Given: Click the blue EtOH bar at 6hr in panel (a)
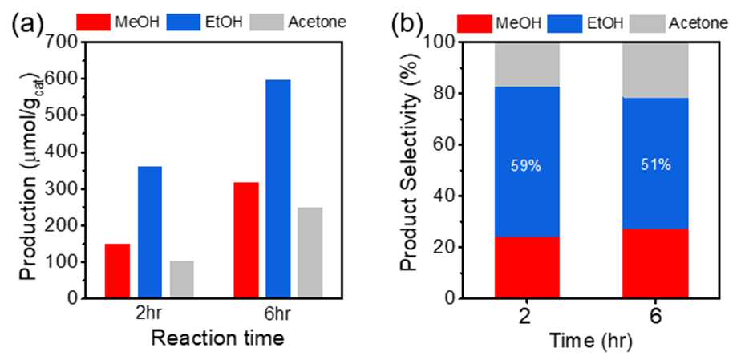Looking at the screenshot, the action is coord(277,189).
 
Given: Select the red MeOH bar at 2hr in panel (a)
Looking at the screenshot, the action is coord(117,271).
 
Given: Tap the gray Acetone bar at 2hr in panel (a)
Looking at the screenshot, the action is coord(181,280).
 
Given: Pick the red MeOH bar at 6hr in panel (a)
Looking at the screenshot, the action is coord(246,241).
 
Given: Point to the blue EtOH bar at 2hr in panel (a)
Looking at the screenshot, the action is coord(149,233).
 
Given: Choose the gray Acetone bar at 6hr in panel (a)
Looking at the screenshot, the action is coord(310,253).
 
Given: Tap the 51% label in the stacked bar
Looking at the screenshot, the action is coord(655,166).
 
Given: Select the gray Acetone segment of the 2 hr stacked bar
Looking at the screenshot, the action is coord(527,64).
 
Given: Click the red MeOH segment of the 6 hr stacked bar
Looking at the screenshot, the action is coord(655,264).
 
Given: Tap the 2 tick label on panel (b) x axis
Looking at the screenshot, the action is coord(527,317).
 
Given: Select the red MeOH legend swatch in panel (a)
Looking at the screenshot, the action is coord(94,22).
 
